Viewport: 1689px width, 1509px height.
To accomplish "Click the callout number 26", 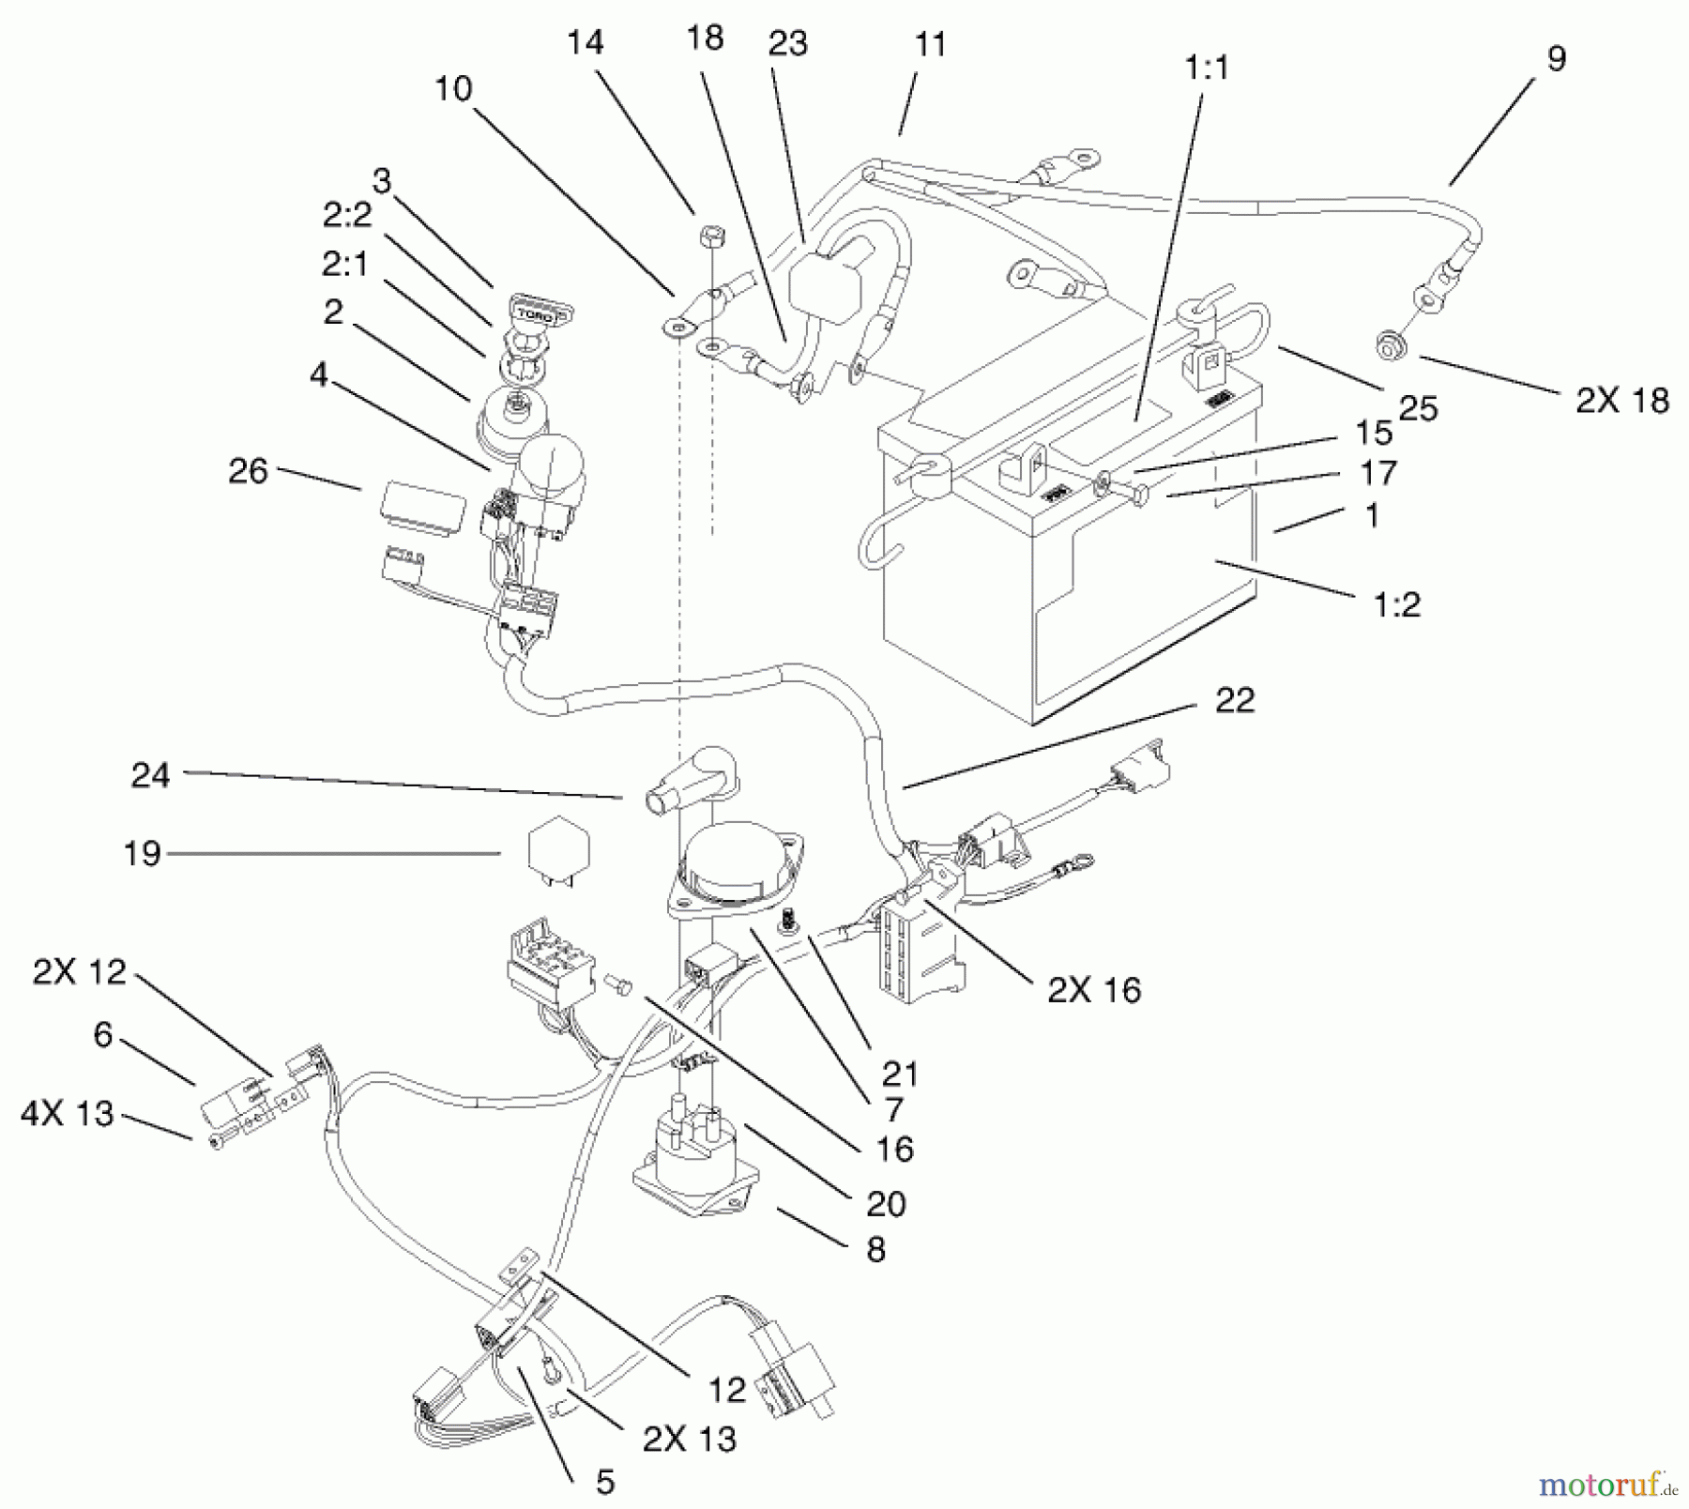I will point(248,471).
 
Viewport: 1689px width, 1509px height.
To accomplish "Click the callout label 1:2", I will point(1397,604).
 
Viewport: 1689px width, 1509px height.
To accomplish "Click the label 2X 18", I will point(1622,401).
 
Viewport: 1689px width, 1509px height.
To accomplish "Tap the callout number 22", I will point(1234,701).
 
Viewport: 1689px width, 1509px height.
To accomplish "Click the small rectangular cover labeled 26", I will point(421,508).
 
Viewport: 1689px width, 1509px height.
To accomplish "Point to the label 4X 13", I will point(67,1114).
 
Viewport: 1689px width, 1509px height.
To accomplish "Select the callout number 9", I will point(1556,58).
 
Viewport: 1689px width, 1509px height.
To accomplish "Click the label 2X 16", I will point(1094,990).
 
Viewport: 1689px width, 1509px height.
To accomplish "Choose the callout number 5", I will point(605,1482).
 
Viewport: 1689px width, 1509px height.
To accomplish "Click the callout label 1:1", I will point(1207,68).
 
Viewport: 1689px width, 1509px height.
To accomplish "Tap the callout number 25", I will point(1418,408).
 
